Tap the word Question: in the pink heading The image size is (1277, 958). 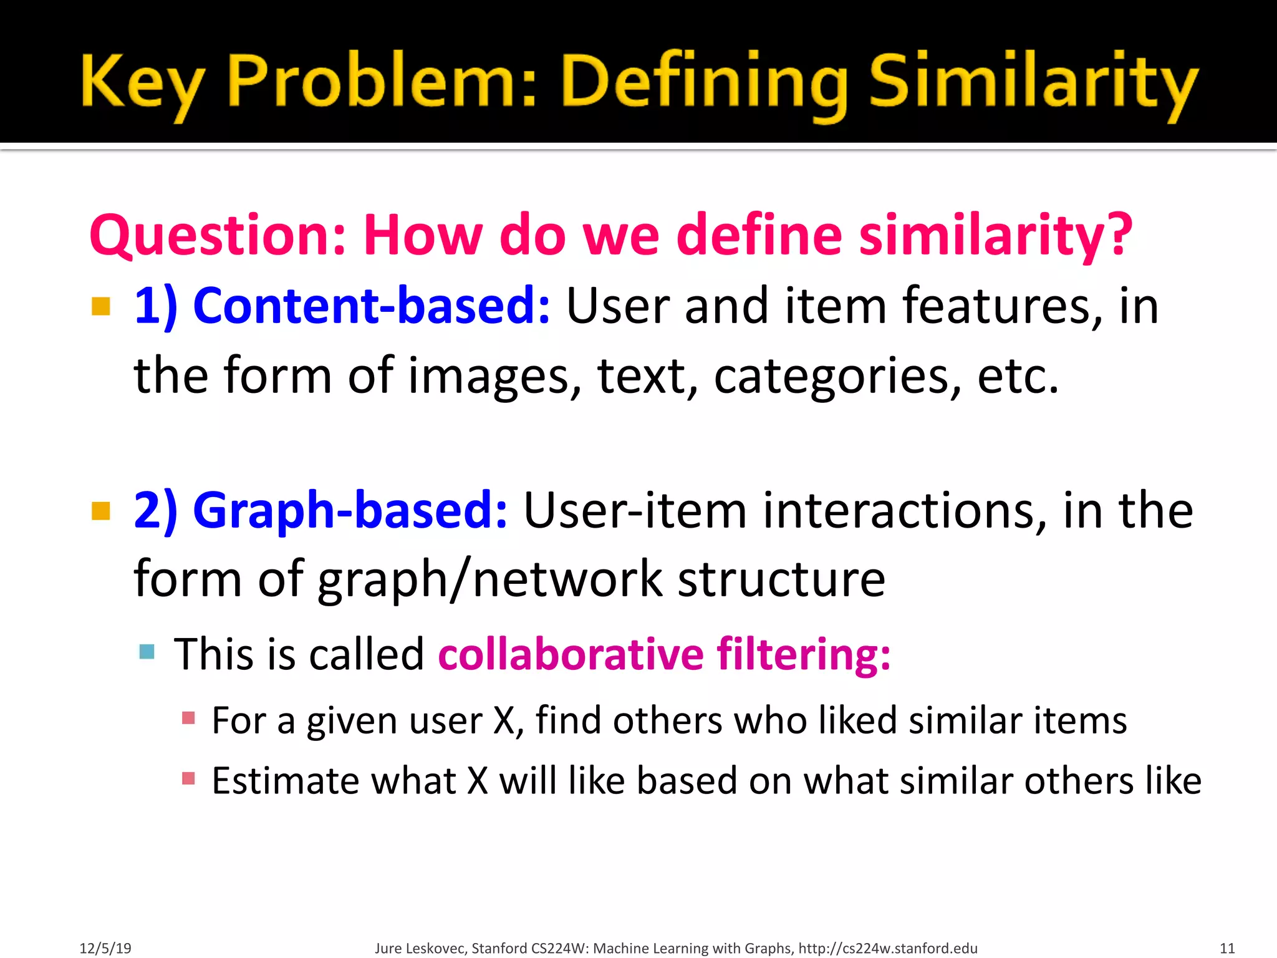click(217, 236)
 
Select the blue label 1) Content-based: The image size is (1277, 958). click(342, 306)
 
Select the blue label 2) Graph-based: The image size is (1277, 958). click(320, 510)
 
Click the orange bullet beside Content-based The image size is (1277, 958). click(101, 306)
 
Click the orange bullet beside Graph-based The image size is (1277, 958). click(101, 511)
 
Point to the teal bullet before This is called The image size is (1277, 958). click(147, 652)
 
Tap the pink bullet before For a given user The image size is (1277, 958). click(188, 718)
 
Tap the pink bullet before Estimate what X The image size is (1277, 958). click(188, 778)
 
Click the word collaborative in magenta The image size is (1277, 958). click(571, 655)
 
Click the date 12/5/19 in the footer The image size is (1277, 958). click(105, 948)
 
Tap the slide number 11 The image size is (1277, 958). click(1226, 948)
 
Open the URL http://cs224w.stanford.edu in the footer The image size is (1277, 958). click(888, 948)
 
